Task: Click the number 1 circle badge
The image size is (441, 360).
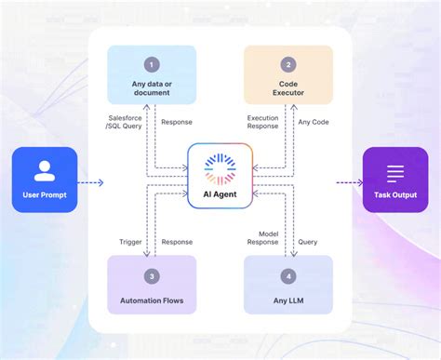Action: tap(152, 65)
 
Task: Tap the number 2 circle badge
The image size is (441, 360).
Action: tap(287, 65)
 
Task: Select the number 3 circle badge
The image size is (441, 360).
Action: tap(152, 276)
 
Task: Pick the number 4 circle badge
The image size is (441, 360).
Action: tap(287, 276)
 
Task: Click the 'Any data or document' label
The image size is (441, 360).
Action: tap(152, 89)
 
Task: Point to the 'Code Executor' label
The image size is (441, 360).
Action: tap(287, 89)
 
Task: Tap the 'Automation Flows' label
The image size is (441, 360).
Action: tap(152, 300)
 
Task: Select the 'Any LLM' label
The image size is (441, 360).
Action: tap(287, 300)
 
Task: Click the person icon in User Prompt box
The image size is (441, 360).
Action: tap(45, 171)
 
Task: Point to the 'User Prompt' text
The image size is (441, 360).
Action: tap(45, 194)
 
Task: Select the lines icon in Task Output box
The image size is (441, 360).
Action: tap(395, 172)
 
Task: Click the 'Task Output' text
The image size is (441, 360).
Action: tap(395, 194)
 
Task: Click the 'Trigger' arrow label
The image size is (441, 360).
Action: tap(130, 241)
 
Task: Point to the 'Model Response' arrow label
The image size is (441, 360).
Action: tap(262, 236)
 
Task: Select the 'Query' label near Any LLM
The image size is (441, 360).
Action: tap(307, 241)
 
